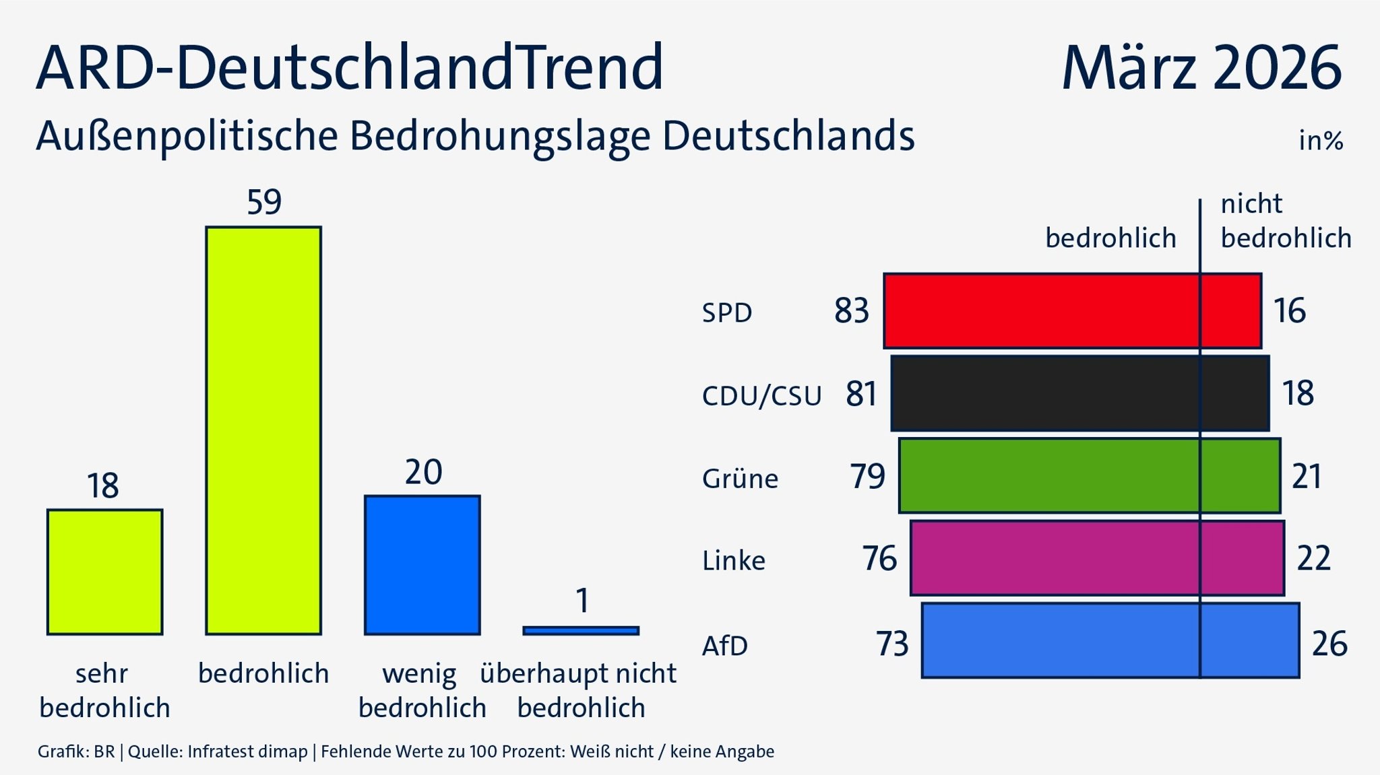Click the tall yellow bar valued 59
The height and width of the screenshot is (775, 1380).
click(263, 431)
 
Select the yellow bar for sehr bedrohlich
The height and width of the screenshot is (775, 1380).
click(104, 572)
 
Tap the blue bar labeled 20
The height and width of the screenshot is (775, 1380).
click(422, 566)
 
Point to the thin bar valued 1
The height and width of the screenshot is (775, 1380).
click(581, 631)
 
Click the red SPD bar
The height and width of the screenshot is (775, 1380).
click(1072, 311)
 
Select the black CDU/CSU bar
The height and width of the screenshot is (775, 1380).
click(1079, 393)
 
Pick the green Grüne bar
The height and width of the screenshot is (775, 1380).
click(1089, 475)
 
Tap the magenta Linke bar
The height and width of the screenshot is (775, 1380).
click(1096, 558)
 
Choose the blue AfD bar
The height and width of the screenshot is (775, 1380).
click(1110, 641)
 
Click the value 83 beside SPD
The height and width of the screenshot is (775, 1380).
click(851, 311)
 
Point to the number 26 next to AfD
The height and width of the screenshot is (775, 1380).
click(1329, 644)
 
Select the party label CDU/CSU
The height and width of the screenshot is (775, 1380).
click(761, 396)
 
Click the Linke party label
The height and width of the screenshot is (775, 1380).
click(733, 561)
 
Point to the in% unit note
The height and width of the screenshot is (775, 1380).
click(1320, 141)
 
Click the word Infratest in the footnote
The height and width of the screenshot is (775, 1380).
click(218, 751)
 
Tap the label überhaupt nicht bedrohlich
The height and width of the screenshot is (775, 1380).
click(579, 690)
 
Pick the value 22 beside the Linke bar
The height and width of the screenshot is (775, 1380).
click(1313, 558)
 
